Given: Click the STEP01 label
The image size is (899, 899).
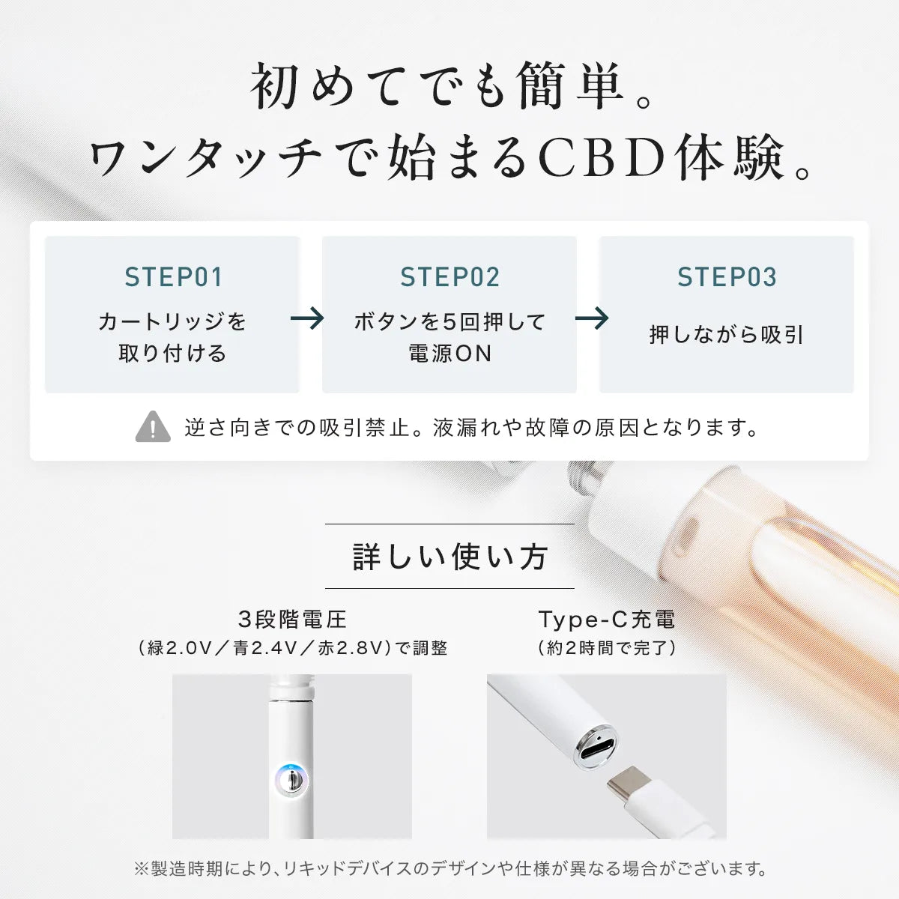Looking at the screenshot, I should point(173,277).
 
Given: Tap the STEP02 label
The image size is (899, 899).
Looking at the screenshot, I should point(449,277).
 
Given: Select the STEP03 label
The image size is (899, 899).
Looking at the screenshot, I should point(727,277).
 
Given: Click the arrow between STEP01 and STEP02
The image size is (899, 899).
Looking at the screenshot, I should point(307,318).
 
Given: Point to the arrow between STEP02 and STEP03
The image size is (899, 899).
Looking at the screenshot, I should point(592,318).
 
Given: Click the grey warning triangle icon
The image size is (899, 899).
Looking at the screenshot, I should point(153,428).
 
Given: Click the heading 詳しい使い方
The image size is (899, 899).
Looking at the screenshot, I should point(449,557).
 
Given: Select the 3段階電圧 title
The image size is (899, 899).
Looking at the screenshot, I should point(292,620).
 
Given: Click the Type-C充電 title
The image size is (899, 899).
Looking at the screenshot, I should point(607,620).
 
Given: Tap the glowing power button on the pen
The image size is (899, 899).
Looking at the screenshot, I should point(291,780).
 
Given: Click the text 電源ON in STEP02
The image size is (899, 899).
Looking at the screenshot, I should point(449,354).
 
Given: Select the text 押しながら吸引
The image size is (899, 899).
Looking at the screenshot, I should point(727,335).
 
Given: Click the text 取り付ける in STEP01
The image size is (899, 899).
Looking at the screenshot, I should point(173,354).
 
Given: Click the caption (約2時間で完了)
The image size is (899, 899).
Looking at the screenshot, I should point(607,648).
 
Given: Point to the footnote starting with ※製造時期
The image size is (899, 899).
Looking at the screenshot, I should point(449,869).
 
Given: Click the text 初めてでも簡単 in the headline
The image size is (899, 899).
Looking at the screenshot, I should point(438,87).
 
